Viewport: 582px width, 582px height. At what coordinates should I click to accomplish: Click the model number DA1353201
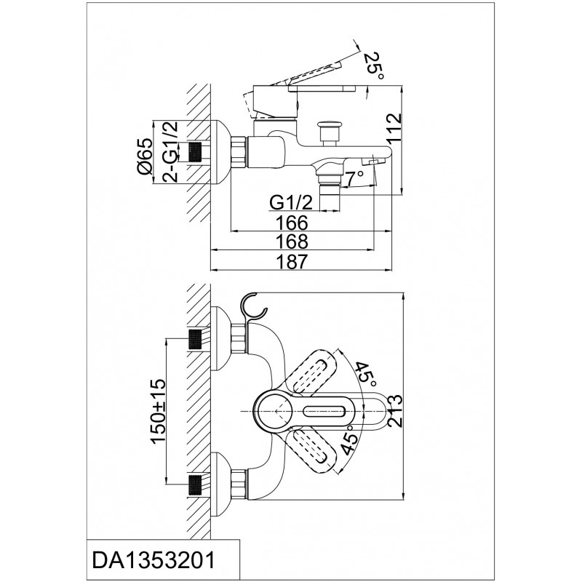point(154,560)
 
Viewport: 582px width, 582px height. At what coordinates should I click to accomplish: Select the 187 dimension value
point(292,261)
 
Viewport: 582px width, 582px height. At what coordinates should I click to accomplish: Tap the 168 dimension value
point(292,242)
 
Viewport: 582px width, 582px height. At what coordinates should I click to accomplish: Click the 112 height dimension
point(394,129)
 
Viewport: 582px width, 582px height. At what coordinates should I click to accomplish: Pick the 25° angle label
point(373,66)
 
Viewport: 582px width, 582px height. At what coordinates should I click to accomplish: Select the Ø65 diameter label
point(144,156)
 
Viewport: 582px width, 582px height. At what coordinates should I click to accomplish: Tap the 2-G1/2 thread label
point(171,152)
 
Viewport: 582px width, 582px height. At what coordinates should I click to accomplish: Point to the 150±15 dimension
point(158,411)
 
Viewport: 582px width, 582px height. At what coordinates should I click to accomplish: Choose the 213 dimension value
point(394,411)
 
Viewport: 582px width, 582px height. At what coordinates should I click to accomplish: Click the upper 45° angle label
point(367,374)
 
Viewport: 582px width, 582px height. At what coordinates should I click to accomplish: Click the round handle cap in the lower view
point(270,411)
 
